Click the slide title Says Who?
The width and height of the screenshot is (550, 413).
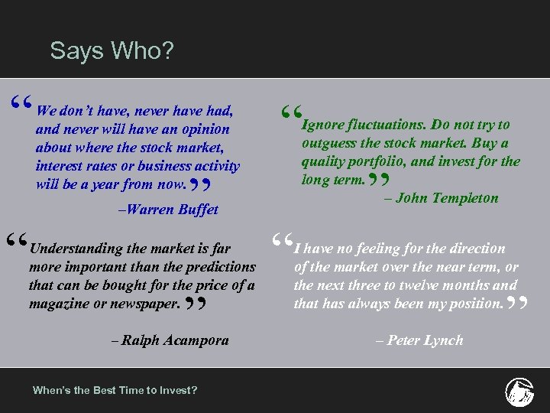pos(112,51)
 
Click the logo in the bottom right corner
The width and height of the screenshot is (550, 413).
pos(519,392)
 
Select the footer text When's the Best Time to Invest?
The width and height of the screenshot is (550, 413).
pos(115,390)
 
